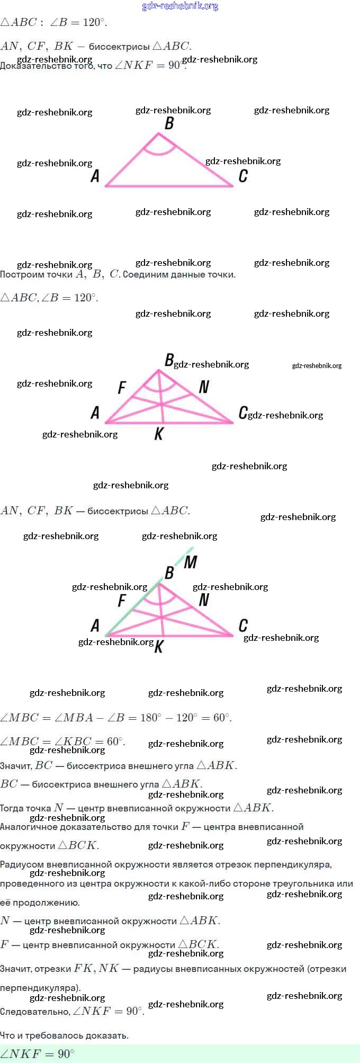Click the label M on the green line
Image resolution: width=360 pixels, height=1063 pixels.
coord(191,562)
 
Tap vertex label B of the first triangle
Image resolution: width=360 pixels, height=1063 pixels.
coord(169,123)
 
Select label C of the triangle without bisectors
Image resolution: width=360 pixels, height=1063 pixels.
coord(243,176)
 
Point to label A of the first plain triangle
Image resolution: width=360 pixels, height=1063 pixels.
coord(95,176)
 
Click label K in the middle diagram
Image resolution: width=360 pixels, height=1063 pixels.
coord(159,434)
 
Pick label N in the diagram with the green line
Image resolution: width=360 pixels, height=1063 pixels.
coord(204,600)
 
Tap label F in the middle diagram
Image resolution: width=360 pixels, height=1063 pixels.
coord(122,388)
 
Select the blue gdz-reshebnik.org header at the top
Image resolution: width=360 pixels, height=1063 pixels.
coord(180,6)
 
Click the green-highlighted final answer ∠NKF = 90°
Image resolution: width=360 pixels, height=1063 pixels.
coord(37,1053)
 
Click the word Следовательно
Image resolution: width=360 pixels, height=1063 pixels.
coord(34,1011)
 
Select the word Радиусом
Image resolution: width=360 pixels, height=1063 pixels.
coord(22,864)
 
